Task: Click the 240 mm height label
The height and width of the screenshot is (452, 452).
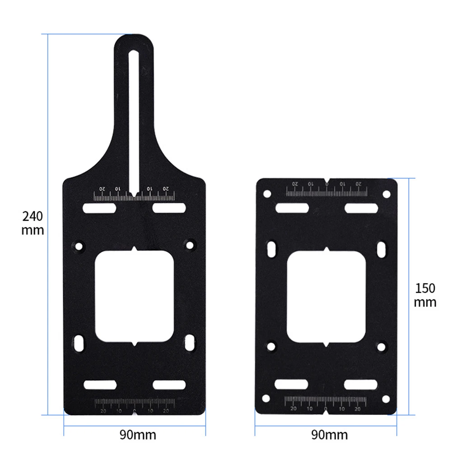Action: pyautogui.click(x=33, y=223)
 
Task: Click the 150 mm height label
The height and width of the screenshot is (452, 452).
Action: pyautogui.click(x=425, y=294)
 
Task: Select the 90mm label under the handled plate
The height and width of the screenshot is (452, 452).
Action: pyautogui.click(x=138, y=435)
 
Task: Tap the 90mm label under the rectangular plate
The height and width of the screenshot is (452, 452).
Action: pyautogui.click(x=329, y=435)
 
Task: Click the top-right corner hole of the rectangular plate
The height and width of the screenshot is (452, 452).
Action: pyautogui.click(x=386, y=194)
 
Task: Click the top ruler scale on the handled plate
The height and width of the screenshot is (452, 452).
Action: pyautogui.click(x=134, y=196)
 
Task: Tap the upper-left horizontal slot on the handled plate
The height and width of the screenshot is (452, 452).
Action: pyautogui.click(x=99, y=208)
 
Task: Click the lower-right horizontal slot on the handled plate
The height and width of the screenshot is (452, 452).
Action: pyautogui.click(x=169, y=384)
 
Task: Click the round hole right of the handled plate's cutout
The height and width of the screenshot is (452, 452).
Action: pyautogui.click(x=190, y=246)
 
